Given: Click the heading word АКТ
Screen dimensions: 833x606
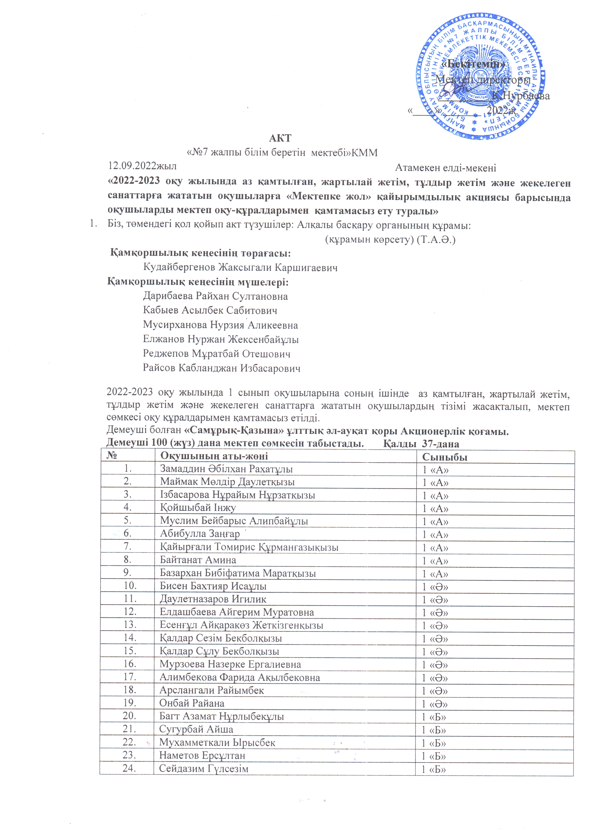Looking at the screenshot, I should pos(280,138).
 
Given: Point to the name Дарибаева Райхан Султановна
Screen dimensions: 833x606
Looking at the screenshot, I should pos(215,296).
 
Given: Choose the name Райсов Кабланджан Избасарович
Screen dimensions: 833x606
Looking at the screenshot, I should pos(221,368).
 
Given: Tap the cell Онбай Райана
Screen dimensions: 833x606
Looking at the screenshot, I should pos(192,703).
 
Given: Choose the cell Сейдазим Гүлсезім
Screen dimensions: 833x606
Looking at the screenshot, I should pos(204,768).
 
